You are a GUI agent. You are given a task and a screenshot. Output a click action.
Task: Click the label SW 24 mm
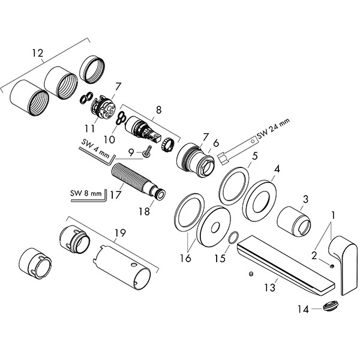tap(273, 128)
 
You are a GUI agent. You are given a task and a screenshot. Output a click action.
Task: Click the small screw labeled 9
tap(145, 154)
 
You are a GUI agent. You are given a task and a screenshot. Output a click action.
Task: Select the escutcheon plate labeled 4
tap(265, 199)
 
